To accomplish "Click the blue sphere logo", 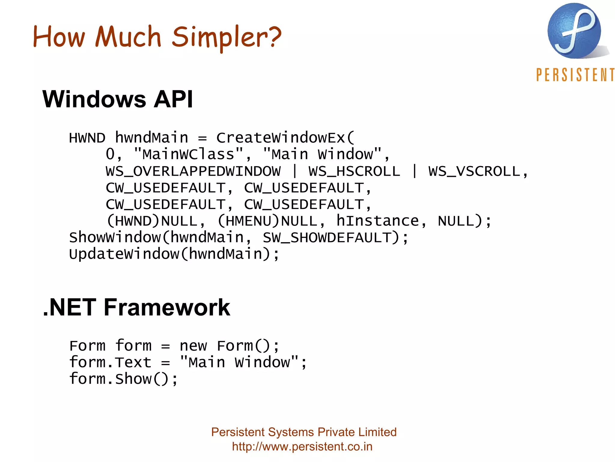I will [x=574, y=31].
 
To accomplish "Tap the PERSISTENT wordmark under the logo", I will [x=575, y=75].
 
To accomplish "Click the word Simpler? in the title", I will [x=227, y=37].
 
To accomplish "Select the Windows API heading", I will [x=118, y=99].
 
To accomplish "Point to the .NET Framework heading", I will [x=137, y=307].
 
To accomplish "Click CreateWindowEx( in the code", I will [x=285, y=138].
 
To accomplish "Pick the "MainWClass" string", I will [x=188, y=155].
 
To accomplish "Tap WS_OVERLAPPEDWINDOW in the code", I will [x=193, y=171].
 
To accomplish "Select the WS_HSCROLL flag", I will [x=354, y=171].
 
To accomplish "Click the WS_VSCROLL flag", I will [x=474, y=171].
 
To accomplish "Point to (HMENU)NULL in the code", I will [x=267, y=221].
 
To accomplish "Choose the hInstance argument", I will [x=377, y=221].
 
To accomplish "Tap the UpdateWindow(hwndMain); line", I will [x=174, y=254].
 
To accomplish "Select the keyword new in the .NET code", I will [x=193, y=346].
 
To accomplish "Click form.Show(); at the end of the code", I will [x=123, y=379].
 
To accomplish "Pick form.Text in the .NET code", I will [x=110, y=362].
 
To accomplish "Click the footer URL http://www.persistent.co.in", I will [x=302, y=447].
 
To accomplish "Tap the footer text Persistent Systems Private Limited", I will [x=304, y=432].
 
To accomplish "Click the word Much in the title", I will [x=128, y=37].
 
